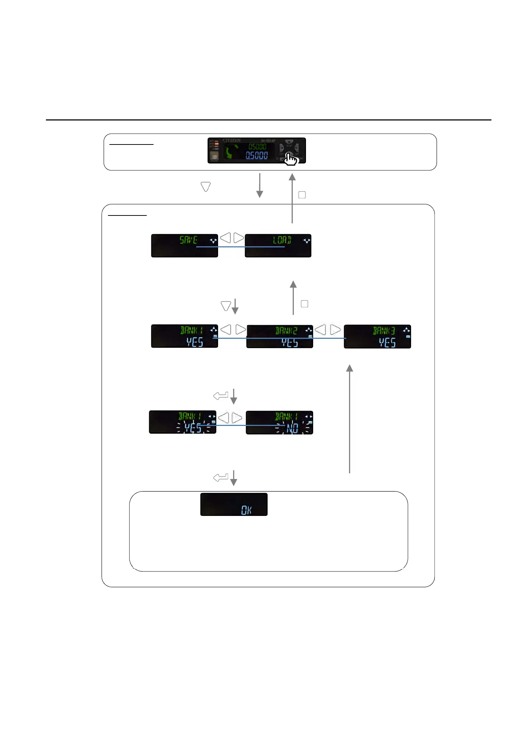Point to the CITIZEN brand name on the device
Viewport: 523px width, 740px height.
coord(231,140)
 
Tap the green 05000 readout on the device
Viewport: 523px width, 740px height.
coord(257,147)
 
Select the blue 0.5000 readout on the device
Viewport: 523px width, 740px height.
coord(256,156)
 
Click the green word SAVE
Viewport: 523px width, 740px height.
coord(188,240)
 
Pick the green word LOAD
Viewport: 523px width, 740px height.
coord(282,240)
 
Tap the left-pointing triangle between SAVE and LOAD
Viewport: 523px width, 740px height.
coord(225,237)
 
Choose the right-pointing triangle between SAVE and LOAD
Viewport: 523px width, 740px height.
coord(239,237)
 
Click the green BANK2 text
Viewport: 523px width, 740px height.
coord(286,330)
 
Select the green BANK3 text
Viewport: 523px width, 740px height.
coord(383,330)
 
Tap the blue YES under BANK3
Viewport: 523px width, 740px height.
coord(387,342)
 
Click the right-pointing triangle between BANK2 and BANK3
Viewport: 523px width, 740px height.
coord(335,329)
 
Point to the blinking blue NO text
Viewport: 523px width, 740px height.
coord(292,428)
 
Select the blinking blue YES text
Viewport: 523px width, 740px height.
coord(193,427)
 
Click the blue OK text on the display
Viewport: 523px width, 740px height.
coord(246,510)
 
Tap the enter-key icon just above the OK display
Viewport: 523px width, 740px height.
coord(221,477)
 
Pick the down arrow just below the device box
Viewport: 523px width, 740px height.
coord(260,185)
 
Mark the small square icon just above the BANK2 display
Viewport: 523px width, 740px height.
coord(305,304)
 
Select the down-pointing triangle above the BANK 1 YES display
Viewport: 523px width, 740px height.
coord(226,306)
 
